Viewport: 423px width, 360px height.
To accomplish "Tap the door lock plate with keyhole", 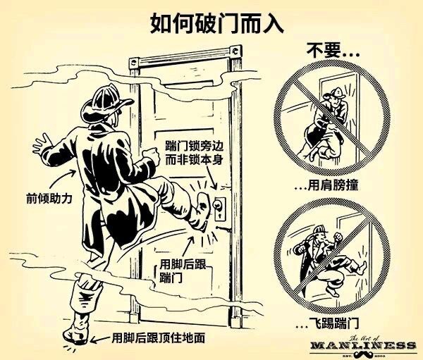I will pyautogui.click(x=220, y=206).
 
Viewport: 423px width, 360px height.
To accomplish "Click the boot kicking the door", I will pyautogui.click(x=203, y=208).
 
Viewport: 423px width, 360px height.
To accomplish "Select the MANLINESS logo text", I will pyautogui.click(x=362, y=345).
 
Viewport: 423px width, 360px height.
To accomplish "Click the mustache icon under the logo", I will pyautogui.click(x=362, y=354).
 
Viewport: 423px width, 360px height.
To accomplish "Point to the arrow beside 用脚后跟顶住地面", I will pyautogui.click(x=99, y=337).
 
